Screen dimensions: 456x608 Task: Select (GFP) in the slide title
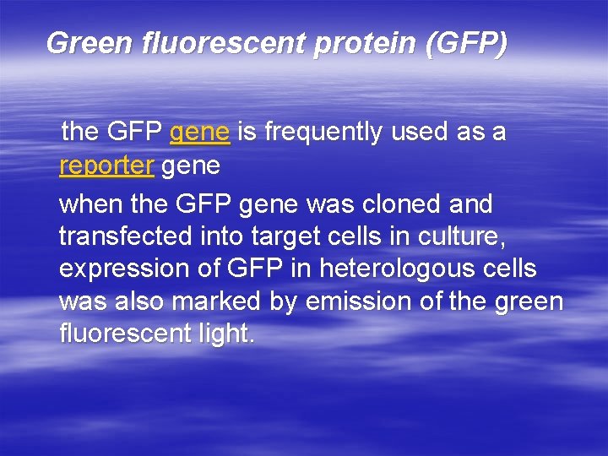[467, 42]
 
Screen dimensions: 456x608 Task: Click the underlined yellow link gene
[200, 133]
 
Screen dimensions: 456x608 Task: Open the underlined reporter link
[106, 166]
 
